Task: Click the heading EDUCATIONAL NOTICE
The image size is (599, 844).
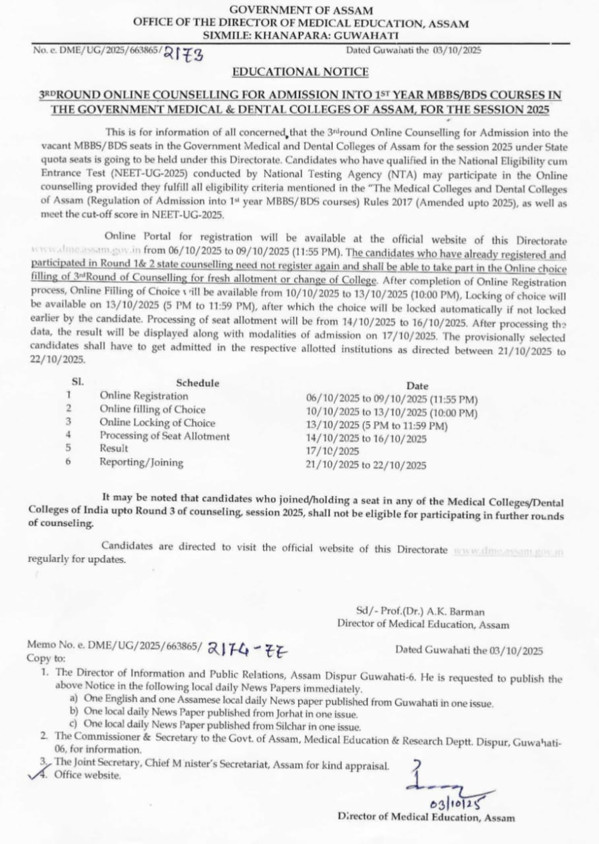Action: point(300,72)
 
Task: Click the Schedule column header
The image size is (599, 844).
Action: point(198,383)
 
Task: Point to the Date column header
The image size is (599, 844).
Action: point(417,386)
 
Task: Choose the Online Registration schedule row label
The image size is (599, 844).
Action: point(144,396)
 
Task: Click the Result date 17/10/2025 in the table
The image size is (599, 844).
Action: point(332,451)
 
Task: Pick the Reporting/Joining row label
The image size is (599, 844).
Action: point(142,462)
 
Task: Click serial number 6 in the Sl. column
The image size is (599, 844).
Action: point(68,461)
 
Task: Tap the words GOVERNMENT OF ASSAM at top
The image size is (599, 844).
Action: point(301,10)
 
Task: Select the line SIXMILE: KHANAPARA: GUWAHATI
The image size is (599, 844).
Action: point(301,35)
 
